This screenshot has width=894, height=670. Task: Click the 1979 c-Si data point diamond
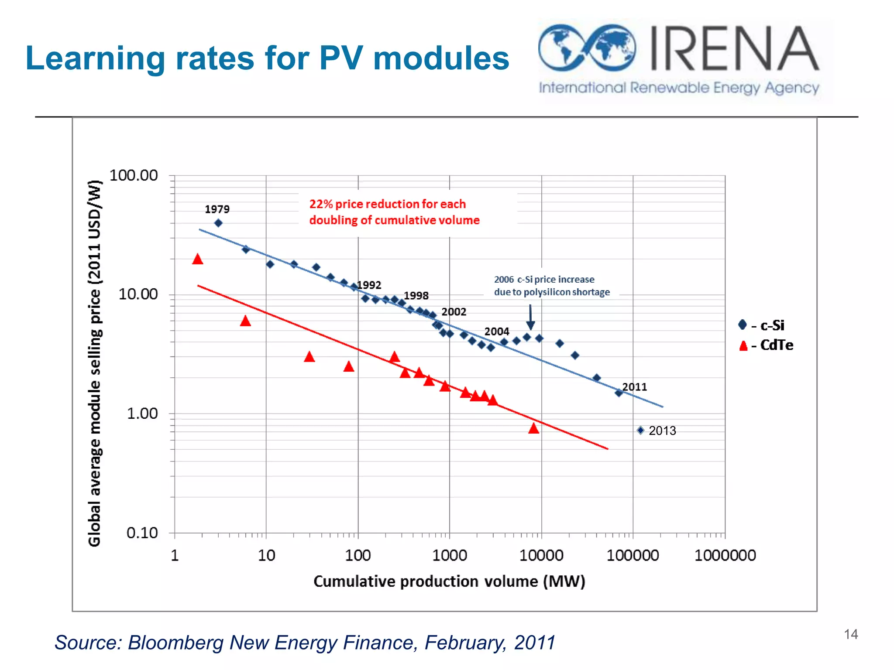pyautogui.click(x=218, y=223)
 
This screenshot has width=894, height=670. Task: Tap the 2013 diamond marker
pyautogui.click(x=640, y=431)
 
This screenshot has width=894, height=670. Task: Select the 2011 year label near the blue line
pyautogui.click(x=634, y=387)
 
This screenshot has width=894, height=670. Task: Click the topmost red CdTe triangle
pyautogui.click(x=198, y=259)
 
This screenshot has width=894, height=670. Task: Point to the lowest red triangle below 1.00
pyautogui.click(x=533, y=428)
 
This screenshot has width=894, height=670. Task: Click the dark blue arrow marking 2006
pyautogui.click(x=530, y=317)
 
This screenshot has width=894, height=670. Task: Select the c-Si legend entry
pyautogui.click(x=766, y=325)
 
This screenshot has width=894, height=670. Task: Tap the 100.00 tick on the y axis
pyautogui.click(x=133, y=175)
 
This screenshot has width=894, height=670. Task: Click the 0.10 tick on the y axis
pyautogui.click(x=142, y=533)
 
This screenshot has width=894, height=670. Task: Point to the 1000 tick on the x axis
pyautogui.click(x=449, y=556)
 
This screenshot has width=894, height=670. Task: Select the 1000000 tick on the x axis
pyautogui.click(x=725, y=556)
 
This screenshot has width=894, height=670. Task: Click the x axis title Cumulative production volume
pyautogui.click(x=449, y=581)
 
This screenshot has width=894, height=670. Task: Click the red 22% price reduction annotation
pyautogui.click(x=394, y=212)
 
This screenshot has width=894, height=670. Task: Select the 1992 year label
pyautogui.click(x=369, y=285)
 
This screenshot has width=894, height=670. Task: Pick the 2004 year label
pyautogui.click(x=497, y=332)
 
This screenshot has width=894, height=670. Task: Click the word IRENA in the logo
pyautogui.click(x=733, y=49)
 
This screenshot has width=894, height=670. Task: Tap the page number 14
pyautogui.click(x=851, y=634)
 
